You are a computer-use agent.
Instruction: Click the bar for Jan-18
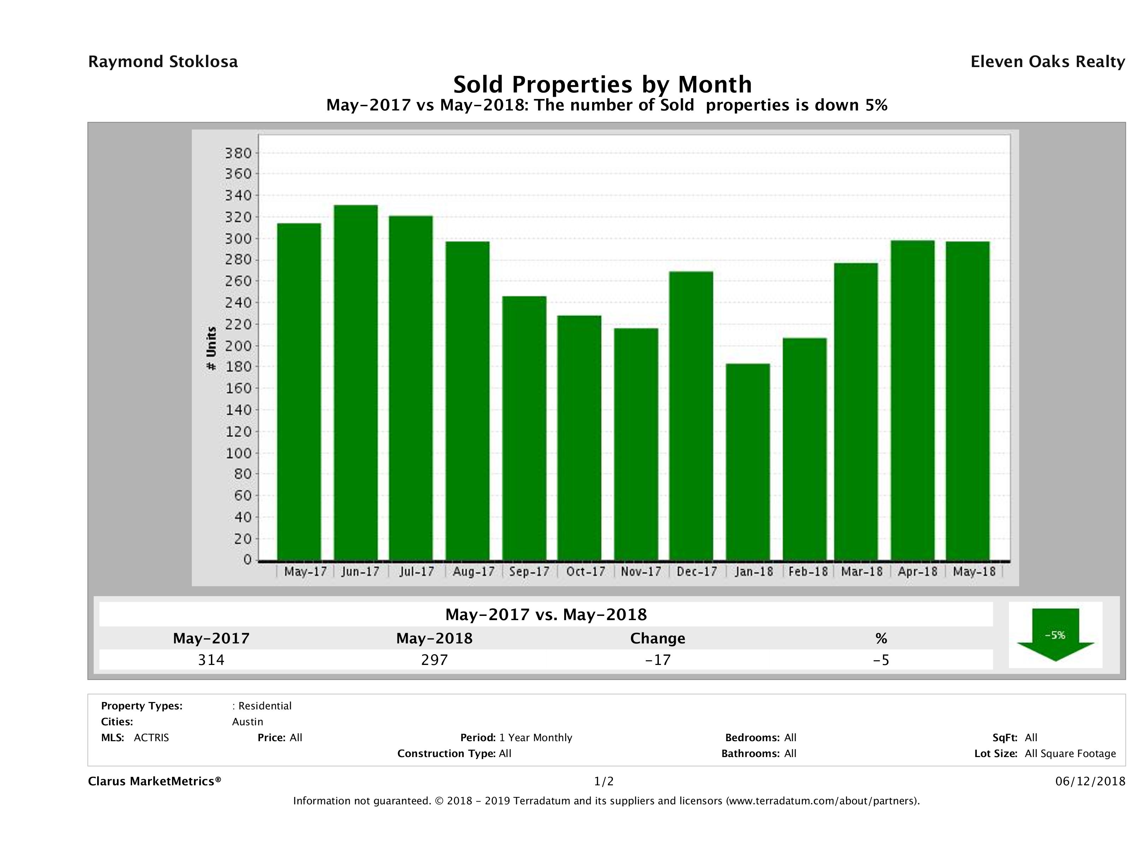(748, 462)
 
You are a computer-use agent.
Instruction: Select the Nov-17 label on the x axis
(640, 571)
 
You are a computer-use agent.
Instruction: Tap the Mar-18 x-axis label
(862, 571)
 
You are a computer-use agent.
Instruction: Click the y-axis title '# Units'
(211, 349)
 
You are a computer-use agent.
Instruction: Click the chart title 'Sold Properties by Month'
(602, 84)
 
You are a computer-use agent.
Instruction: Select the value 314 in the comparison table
(211, 660)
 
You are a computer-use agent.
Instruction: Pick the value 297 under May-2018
(435, 660)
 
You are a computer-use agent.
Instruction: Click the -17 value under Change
(658, 660)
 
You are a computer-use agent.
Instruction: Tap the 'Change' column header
(658, 638)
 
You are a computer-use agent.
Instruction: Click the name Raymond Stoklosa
(163, 62)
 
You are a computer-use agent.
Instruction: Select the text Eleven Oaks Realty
(1047, 62)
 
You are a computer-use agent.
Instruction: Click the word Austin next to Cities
(247, 722)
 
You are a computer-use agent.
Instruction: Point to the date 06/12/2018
(1090, 782)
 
